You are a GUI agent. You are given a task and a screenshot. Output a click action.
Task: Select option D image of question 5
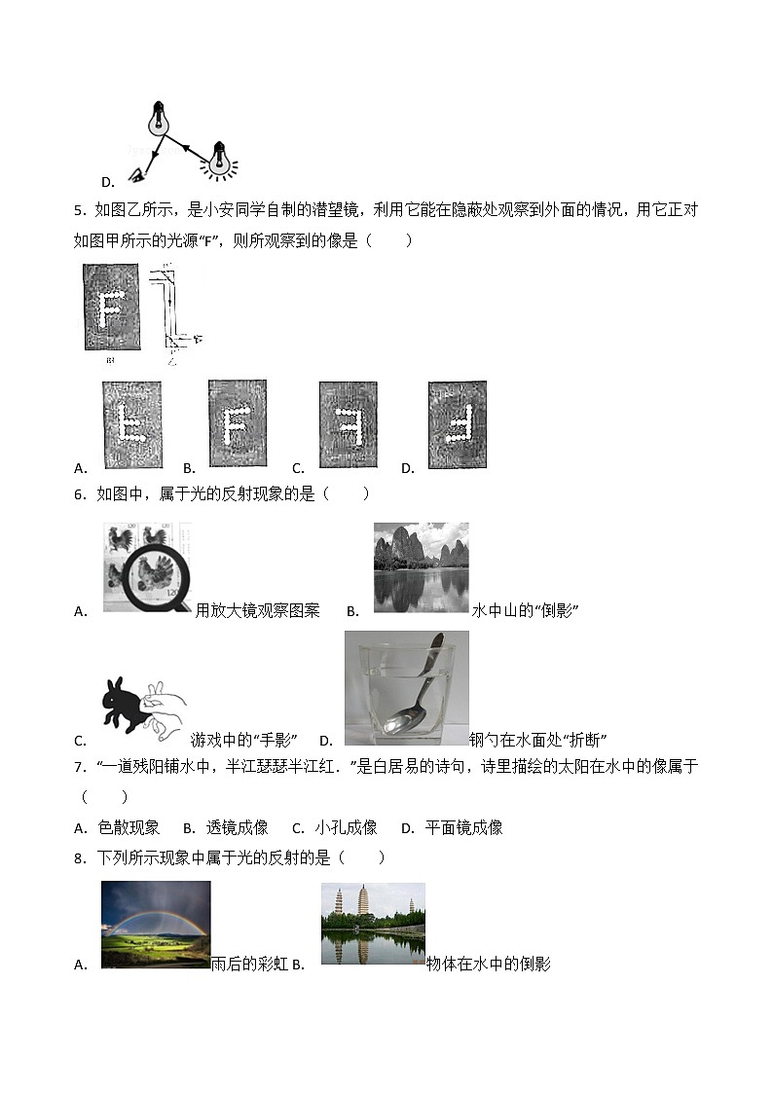tap(457, 424)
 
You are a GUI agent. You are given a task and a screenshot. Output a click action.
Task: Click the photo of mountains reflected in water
tap(421, 567)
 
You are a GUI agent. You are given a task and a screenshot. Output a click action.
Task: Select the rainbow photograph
tap(156, 924)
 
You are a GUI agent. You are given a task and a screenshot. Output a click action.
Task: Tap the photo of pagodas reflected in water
tap(373, 924)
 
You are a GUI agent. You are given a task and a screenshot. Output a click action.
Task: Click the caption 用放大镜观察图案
tap(257, 611)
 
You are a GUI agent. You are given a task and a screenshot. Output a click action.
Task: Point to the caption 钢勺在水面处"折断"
tap(537, 741)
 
